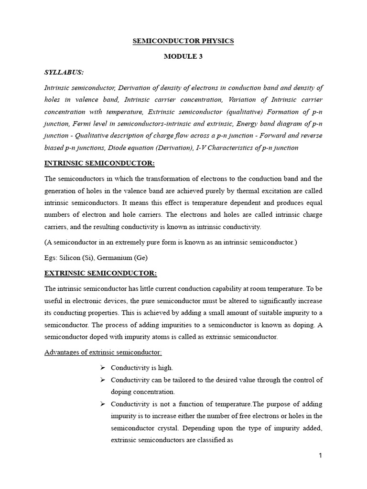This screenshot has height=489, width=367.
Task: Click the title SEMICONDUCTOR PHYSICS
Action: pos(183,41)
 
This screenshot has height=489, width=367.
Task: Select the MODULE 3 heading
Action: pos(183,56)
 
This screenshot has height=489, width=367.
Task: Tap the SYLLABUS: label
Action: pos(64,72)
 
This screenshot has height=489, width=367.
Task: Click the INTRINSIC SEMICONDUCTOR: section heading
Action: pos(99,163)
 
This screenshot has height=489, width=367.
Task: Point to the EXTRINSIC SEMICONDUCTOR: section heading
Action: pos(100,273)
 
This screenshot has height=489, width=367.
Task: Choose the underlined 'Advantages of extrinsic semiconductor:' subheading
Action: pos(103,352)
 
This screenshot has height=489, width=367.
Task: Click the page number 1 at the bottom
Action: pos(320,456)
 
